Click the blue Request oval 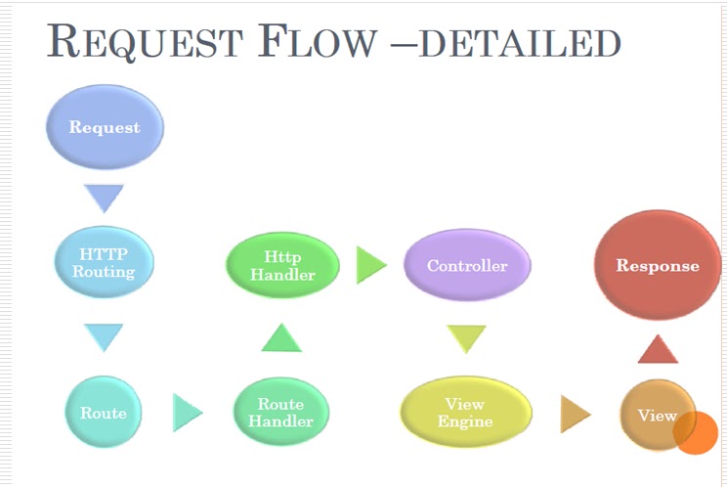105,126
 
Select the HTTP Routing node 104,262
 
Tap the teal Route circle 104,413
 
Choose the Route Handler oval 281,412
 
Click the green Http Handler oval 282,265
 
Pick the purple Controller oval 467,265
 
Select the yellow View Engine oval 466,412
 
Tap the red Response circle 658,265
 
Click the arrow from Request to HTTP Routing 104,199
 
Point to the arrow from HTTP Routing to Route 104,337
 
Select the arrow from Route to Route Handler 188,413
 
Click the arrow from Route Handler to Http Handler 281,337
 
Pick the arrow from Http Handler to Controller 371,265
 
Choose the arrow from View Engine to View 576,414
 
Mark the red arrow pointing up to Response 658,349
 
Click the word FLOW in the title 318,41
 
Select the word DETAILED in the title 520,43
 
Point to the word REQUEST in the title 146,42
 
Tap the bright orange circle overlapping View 696,433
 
